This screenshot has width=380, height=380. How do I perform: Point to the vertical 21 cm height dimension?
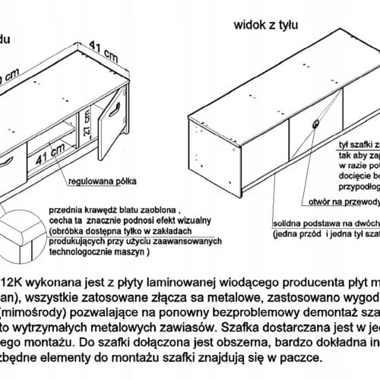88,122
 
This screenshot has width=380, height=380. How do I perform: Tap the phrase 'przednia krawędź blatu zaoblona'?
114,207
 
